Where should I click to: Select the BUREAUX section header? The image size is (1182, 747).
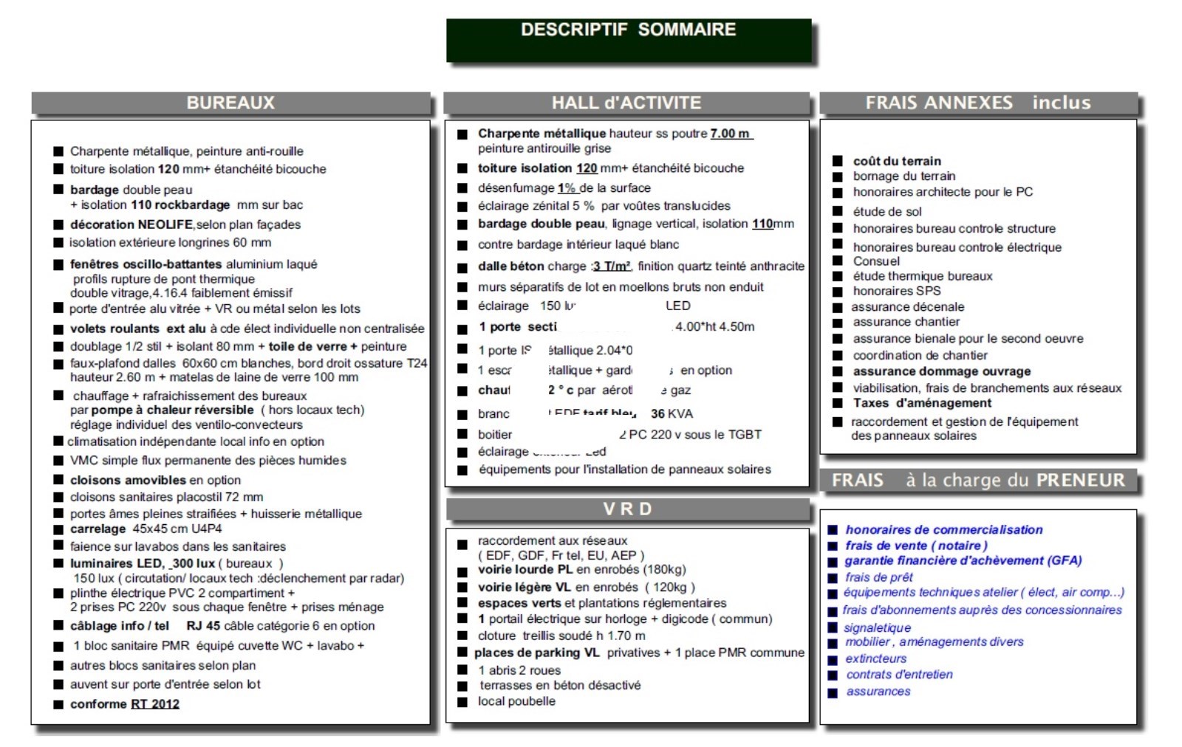point(230,103)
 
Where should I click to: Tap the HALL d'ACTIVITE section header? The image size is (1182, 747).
point(626,103)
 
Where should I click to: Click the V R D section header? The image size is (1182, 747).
point(628,509)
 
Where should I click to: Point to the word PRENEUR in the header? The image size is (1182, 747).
point(1080,481)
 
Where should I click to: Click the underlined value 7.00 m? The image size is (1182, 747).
point(731,134)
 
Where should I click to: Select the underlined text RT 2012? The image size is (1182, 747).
point(155,704)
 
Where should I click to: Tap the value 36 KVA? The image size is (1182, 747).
point(672,414)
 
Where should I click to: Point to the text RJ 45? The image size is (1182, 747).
point(203,626)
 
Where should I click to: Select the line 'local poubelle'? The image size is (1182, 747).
point(516,701)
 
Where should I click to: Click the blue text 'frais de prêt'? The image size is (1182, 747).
point(879,577)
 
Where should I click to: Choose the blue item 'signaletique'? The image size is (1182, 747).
point(878,627)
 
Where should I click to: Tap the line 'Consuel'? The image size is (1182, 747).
point(876,261)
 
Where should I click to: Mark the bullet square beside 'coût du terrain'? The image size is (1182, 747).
point(838,161)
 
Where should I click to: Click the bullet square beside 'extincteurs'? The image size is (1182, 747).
point(833,659)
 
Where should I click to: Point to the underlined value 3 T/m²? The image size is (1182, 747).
point(612,266)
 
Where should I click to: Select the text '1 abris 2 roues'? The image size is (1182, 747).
point(519,670)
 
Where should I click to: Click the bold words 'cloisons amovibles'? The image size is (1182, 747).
point(118,480)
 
